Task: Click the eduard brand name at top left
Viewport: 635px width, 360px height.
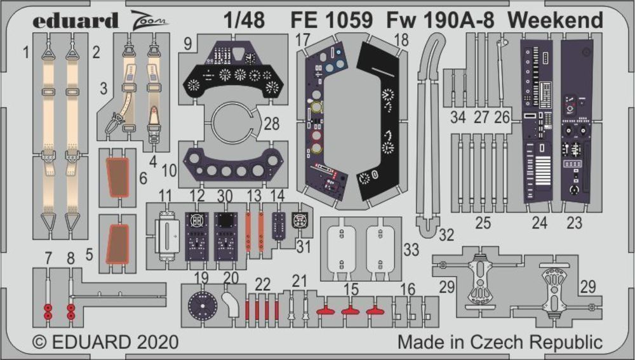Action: click(76, 20)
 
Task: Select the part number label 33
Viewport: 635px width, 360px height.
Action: click(411, 250)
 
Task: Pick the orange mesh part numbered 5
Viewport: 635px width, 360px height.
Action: click(117, 243)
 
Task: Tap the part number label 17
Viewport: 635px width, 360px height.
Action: click(302, 39)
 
